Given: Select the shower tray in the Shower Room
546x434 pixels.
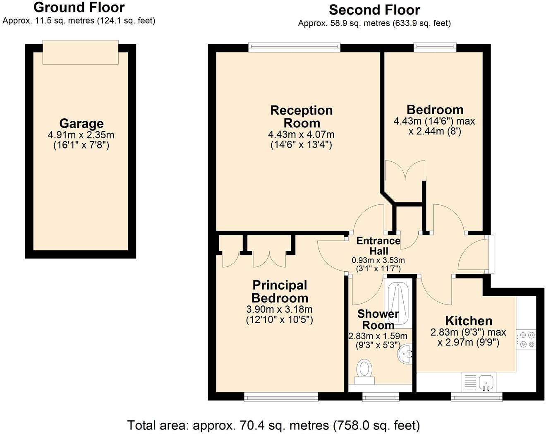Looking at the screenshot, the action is coord(398,304).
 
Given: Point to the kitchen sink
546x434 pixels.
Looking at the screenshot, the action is coord(486,383).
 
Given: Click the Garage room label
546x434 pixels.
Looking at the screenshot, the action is coord(81,124).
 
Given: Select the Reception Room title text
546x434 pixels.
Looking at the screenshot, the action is coord(302,117).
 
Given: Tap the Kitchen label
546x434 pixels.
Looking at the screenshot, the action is coord(469,321).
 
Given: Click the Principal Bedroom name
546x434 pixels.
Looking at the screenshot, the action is coord(280,292).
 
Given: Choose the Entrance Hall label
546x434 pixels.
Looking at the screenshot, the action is coord(378,246).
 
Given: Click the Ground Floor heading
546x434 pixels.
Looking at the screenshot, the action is coord(79,7).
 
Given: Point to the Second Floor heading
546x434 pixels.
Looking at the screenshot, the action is coord(374,10).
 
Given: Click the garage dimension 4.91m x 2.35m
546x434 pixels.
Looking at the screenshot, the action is coord(81,135).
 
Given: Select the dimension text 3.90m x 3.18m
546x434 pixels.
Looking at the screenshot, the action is coord(279,309).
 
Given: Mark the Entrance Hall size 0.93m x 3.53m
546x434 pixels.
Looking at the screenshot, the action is coord(378,260).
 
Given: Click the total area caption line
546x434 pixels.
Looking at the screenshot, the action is coord(273,425).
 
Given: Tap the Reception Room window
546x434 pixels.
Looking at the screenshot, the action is coord(294,47).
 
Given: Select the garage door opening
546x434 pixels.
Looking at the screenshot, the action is coord(80,52).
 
